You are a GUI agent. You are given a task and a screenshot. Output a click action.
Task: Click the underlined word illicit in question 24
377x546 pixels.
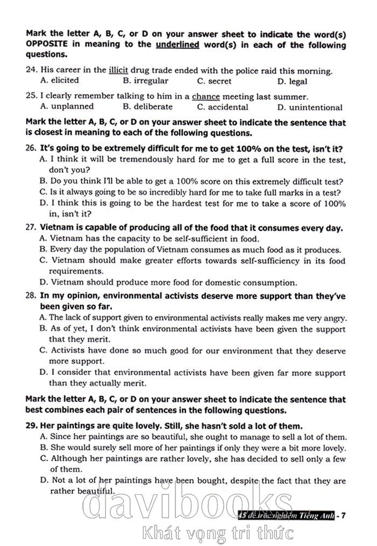pos(118,71)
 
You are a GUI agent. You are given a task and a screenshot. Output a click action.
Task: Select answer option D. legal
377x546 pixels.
pos(292,82)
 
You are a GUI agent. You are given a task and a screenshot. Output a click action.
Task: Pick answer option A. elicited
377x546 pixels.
pos(60,81)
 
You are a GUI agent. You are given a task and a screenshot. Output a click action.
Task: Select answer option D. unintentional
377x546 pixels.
pos(310,107)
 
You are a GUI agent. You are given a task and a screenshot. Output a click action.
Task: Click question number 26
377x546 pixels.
pos(31,149)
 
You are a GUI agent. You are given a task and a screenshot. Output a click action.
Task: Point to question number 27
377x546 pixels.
pos(31,228)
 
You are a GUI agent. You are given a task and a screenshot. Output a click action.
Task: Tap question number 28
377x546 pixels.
pos(31,296)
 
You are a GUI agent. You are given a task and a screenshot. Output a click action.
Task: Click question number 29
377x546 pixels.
pos(31,426)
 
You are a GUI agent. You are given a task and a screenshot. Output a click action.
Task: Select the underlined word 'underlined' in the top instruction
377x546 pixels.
pos(177,45)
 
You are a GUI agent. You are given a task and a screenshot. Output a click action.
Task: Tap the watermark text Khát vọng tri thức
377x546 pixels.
pos(218,533)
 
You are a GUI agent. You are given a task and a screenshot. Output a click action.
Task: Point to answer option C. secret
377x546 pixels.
pos(214,81)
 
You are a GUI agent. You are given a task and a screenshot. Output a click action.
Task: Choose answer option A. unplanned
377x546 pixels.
pos(67,107)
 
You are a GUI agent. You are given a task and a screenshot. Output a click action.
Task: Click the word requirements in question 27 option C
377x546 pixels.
pos(76,271)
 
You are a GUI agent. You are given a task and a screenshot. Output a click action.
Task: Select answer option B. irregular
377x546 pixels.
pos(145,81)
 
